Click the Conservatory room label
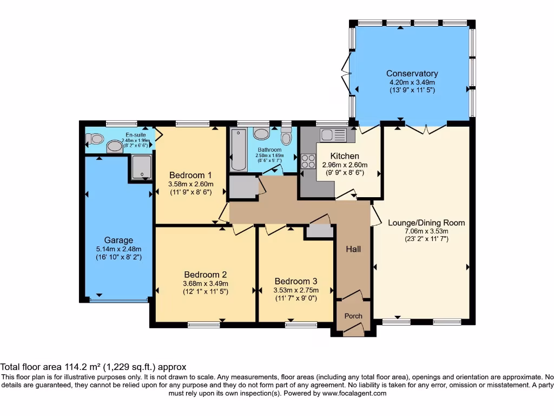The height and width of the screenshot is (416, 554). pyautogui.click(x=412, y=74)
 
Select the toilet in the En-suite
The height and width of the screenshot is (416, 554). pyautogui.click(x=95, y=139)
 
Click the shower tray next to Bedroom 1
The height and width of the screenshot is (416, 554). pyautogui.click(x=141, y=167)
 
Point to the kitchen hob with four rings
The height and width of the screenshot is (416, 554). pyautogui.click(x=308, y=161)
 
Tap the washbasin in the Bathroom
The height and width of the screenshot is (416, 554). pyautogui.click(x=262, y=134)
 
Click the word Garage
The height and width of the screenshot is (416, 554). pyautogui.click(x=118, y=240)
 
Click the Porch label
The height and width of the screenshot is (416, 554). pyautogui.click(x=354, y=316)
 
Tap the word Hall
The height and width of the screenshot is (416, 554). pyautogui.click(x=353, y=249)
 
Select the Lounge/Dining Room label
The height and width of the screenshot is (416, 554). pyautogui.click(x=426, y=223)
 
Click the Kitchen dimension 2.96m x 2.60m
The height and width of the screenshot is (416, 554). pyautogui.click(x=345, y=165)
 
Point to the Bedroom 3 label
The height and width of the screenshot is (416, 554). pyautogui.click(x=295, y=281)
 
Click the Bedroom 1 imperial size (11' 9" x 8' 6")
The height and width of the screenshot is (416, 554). pyautogui.click(x=190, y=192)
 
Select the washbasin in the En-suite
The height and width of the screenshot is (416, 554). pyautogui.click(x=115, y=146)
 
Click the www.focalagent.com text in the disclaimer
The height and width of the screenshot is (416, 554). pyautogui.click(x=354, y=394)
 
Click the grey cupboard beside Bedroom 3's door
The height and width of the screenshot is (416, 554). pyautogui.click(x=319, y=231)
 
